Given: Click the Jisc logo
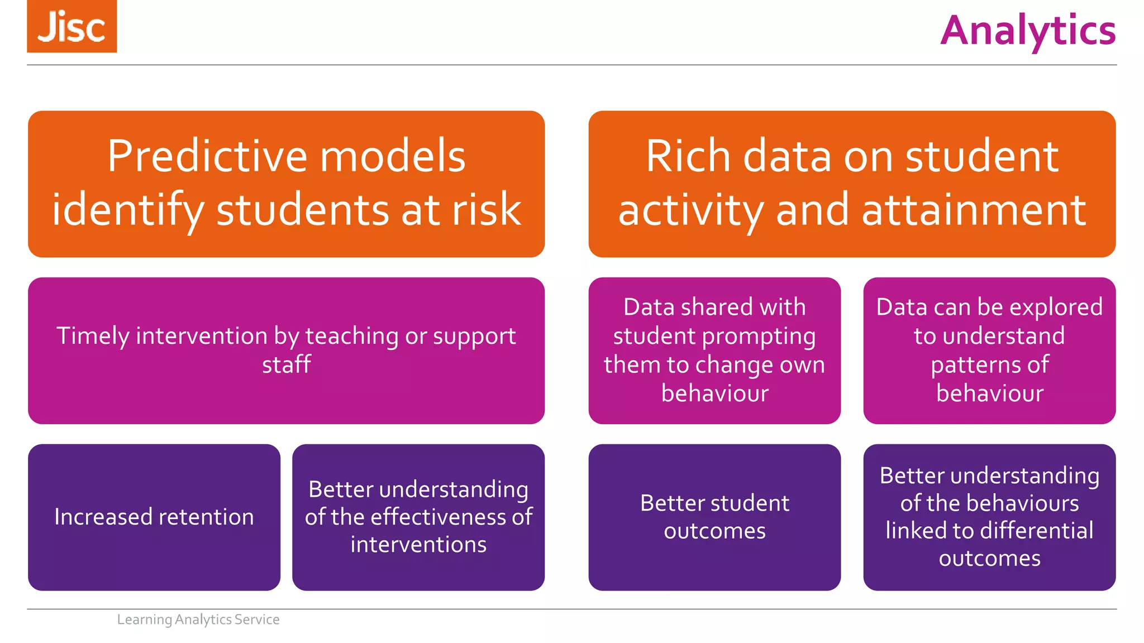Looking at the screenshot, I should pyautogui.click(x=71, y=26).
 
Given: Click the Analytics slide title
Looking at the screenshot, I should pyautogui.click(x=1028, y=31).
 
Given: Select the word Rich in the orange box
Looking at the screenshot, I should pyautogui.click(x=688, y=156).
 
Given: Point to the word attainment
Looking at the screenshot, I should pyautogui.click(x=974, y=209).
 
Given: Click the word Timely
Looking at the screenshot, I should pyautogui.click(x=93, y=336).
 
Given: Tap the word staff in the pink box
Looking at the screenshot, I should pyautogui.click(x=286, y=364).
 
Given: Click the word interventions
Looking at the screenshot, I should pyautogui.click(x=418, y=544).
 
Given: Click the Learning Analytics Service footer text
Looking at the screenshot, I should pyautogui.click(x=198, y=620).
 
